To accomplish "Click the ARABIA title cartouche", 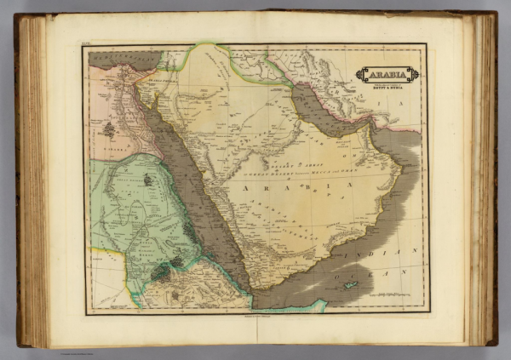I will (x=388, y=74).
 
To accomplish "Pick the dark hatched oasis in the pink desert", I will (x=108, y=129).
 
